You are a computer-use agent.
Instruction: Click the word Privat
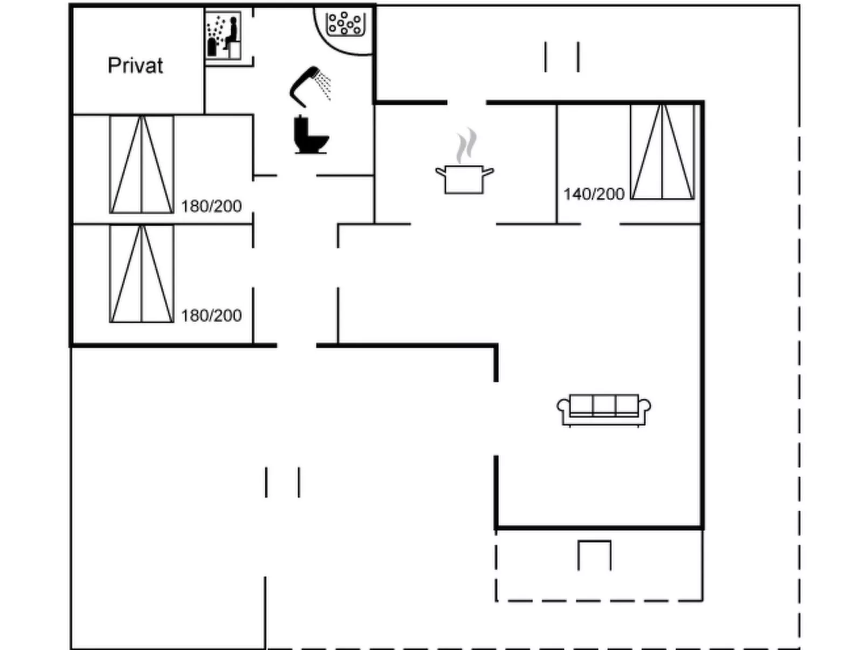click(x=135, y=65)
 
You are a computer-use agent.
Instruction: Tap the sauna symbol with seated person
click(x=223, y=36)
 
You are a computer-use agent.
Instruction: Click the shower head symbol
click(x=310, y=87)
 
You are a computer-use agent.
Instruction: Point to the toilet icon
click(x=311, y=134)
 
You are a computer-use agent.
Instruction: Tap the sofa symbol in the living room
click(x=603, y=410)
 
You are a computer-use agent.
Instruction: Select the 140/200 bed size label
click(x=594, y=194)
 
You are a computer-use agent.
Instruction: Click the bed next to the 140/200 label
click(x=662, y=152)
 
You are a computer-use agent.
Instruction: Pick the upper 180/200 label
click(x=211, y=207)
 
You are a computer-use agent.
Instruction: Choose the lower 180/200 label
click(x=211, y=316)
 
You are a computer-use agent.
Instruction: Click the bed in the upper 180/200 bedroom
click(x=142, y=165)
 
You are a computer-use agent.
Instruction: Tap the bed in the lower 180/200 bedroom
click(x=142, y=274)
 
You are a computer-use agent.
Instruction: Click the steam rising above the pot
click(x=466, y=145)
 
